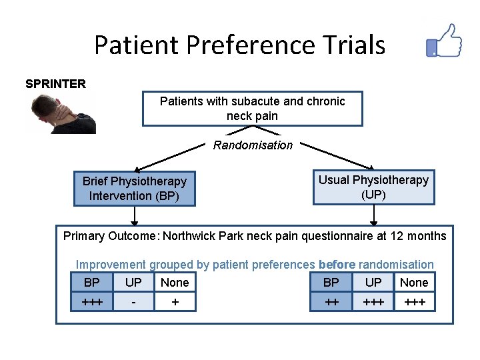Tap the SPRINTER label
(55, 83)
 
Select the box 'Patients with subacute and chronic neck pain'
(252, 108)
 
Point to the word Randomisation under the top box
(253, 145)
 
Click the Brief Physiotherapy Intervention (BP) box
(134, 189)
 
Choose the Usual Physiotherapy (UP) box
(373, 187)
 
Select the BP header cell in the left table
(91, 283)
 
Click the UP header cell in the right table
(373, 283)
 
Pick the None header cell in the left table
(175, 283)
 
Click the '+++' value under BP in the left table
(91, 303)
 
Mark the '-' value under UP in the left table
(133, 303)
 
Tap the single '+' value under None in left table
(175, 303)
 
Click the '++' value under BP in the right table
(331, 303)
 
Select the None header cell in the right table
(414, 283)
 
